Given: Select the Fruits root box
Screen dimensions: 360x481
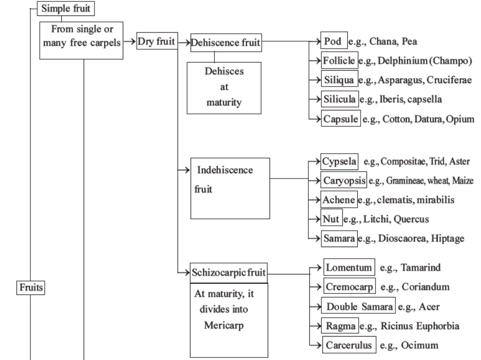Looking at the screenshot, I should click(x=31, y=287).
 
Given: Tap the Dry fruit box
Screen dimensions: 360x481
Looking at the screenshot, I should click(x=157, y=43).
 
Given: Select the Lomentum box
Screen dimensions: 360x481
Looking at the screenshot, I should click(x=348, y=268).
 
